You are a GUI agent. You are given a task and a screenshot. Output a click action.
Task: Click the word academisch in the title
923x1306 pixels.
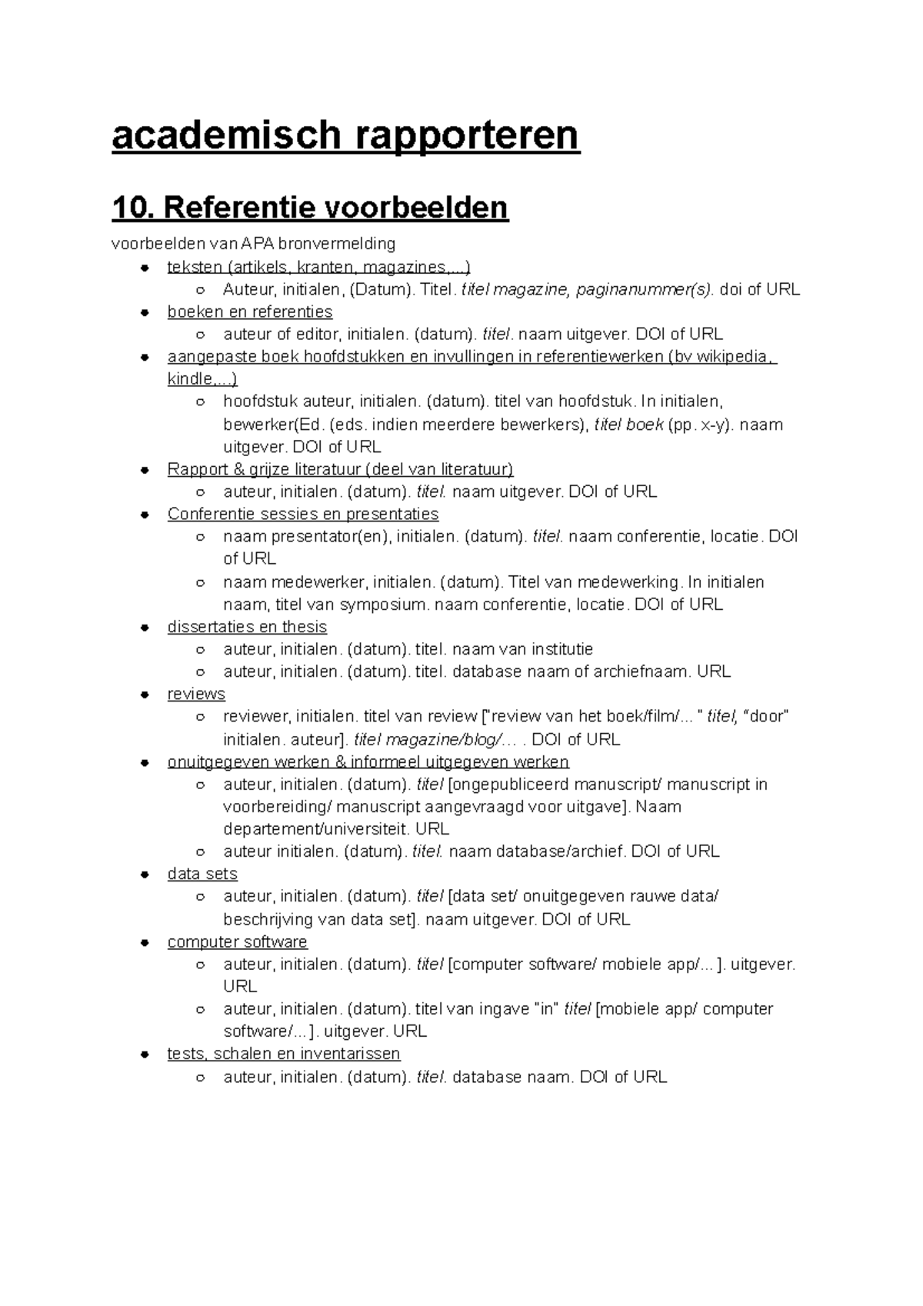[x=225, y=135]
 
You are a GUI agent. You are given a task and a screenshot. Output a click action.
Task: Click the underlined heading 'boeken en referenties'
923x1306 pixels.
[x=250, y=312]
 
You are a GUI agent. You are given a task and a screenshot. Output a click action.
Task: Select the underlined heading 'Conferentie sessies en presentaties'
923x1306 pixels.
[x=303, y=514]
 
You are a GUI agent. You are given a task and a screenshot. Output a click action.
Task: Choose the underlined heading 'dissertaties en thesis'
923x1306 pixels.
[x=247, y=627]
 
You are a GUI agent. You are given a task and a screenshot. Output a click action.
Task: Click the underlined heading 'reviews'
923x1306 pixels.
[x=196, y=694]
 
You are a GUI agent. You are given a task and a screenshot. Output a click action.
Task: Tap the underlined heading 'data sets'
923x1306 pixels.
[x=202, y=874]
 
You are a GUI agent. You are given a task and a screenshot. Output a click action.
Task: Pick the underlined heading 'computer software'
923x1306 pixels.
[x=237, y=941]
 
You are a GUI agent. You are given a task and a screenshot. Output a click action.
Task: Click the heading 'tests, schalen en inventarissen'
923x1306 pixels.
[x=284, y=1054]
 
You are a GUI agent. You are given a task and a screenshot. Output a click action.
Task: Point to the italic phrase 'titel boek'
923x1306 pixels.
[x=629, y=425]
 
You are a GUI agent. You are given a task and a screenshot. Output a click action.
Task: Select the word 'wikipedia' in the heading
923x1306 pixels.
[x=731, y=357]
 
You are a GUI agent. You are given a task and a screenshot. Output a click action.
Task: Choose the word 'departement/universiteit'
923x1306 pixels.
[x=315, y=829]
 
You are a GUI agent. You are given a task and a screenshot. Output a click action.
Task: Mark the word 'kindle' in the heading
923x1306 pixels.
[x=188, y=379]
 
